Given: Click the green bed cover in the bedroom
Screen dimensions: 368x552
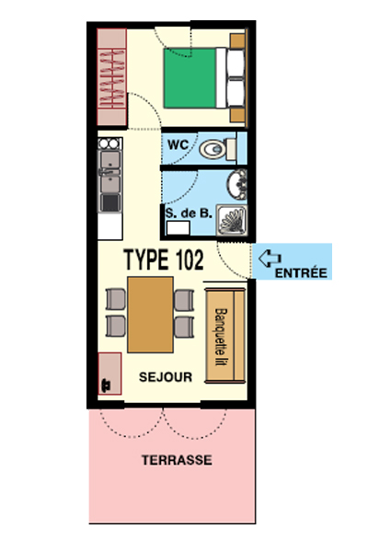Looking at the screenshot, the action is point(190,78).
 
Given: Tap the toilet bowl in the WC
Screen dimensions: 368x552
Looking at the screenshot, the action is point(213,149).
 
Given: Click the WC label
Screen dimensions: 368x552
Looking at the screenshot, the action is point(178,144).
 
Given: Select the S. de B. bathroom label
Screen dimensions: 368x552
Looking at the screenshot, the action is point(189,213).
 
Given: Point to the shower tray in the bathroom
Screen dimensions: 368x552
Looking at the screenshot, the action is point(232,220).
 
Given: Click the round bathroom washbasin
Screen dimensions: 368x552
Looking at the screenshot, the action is point(237,184).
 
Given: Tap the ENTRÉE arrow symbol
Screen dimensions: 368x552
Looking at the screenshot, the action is point(270,259).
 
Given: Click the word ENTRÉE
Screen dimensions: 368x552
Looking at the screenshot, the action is point(301,273).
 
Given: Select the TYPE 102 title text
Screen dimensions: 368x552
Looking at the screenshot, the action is point(164,259).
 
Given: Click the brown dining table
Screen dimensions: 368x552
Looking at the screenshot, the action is point(150,315).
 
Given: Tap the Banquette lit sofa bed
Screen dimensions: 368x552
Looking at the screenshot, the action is point(225,336).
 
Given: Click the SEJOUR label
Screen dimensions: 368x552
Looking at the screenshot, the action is point(166,377).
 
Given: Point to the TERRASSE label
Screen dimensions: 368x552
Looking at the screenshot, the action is point(177,460).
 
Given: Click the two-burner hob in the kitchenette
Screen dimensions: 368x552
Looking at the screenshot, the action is point(109,144).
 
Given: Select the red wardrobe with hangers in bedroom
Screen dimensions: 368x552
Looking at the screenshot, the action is point(111,77).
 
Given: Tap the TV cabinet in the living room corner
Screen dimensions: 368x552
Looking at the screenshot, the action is point(109,374).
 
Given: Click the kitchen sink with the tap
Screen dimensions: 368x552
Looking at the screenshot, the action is point(110,172).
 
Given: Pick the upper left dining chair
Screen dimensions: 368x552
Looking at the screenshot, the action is point(116,299).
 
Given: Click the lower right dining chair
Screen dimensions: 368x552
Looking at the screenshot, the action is point(184,327).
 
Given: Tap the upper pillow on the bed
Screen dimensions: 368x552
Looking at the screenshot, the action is point(236,63).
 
